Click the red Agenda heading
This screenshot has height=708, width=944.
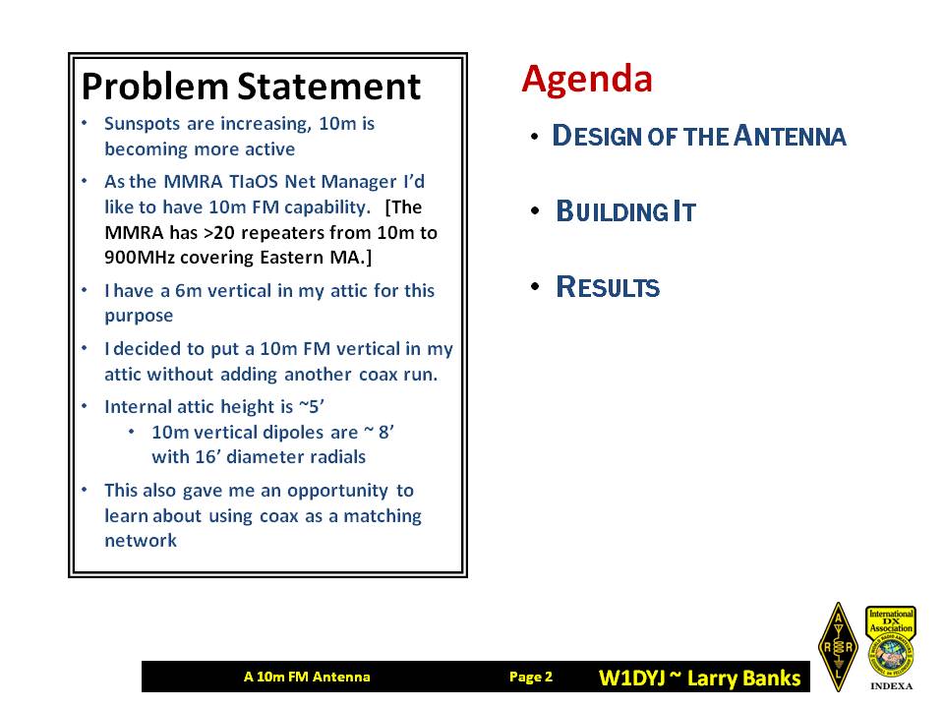587,80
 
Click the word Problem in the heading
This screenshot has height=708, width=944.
155,88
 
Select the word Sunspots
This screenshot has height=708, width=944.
142,124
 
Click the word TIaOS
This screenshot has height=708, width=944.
245,181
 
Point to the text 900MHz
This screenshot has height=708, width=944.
139,258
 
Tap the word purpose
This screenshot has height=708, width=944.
139,316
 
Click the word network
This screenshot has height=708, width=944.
141,541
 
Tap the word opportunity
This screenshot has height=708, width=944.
337,492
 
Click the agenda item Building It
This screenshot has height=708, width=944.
625,212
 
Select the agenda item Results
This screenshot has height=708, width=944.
608,287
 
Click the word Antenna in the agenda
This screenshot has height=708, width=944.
790,136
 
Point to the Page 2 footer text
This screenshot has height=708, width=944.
530,677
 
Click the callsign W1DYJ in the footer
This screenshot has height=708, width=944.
631,678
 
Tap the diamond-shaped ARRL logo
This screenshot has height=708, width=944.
838,647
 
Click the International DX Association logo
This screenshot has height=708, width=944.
891,648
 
